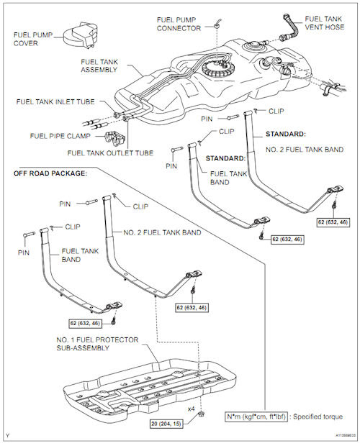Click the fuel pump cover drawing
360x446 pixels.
click(80, 35)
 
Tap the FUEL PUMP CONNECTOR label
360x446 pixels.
click(179, 24)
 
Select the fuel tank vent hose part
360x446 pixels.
click(289, 28)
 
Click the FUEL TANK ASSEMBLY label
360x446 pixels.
click(99, 65)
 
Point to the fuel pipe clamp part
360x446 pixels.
click(115, 139)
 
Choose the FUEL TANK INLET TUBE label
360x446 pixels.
click(55, 101)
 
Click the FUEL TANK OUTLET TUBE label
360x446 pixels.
click(110, 153)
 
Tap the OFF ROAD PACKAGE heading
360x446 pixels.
click(50, 173)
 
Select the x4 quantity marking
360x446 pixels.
click(192, 409)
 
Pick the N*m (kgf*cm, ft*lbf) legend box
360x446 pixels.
click(256, 417)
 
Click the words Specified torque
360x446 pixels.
click(318, 417)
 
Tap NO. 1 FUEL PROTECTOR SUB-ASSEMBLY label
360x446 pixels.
click(97, 344)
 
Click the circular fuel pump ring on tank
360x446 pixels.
click(218, 68)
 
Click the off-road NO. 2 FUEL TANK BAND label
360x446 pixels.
click(162, 232)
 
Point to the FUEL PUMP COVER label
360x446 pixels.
click(33, 39)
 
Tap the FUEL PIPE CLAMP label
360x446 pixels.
click(60, 136)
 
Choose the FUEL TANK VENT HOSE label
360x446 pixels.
click(325, 23)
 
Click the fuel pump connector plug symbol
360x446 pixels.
click(217, 24)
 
